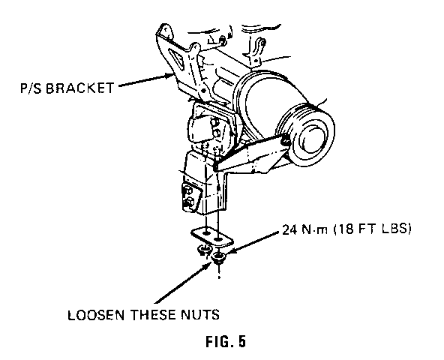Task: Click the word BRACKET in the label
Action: [x=79, y=88]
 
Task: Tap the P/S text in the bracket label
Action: [x=31, y=88]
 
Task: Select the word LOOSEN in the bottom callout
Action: [x=96, y=315]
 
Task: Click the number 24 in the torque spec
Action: [x=289, y=229]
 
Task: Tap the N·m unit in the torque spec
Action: [x=314, y=229]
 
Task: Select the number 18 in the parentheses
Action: [x=344, y=229]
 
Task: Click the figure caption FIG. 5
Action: [x=226, y=341]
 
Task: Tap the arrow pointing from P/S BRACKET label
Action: [x=145, y=80]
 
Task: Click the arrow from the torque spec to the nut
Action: [x=253, y=243]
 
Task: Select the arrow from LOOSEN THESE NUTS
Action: [x=183, y=283]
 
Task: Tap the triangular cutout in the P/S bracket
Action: [x=176, y=58]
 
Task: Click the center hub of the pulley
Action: [x=311, y=136]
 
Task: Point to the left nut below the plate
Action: [x=204, y=250]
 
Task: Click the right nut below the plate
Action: [x=218, y=258]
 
